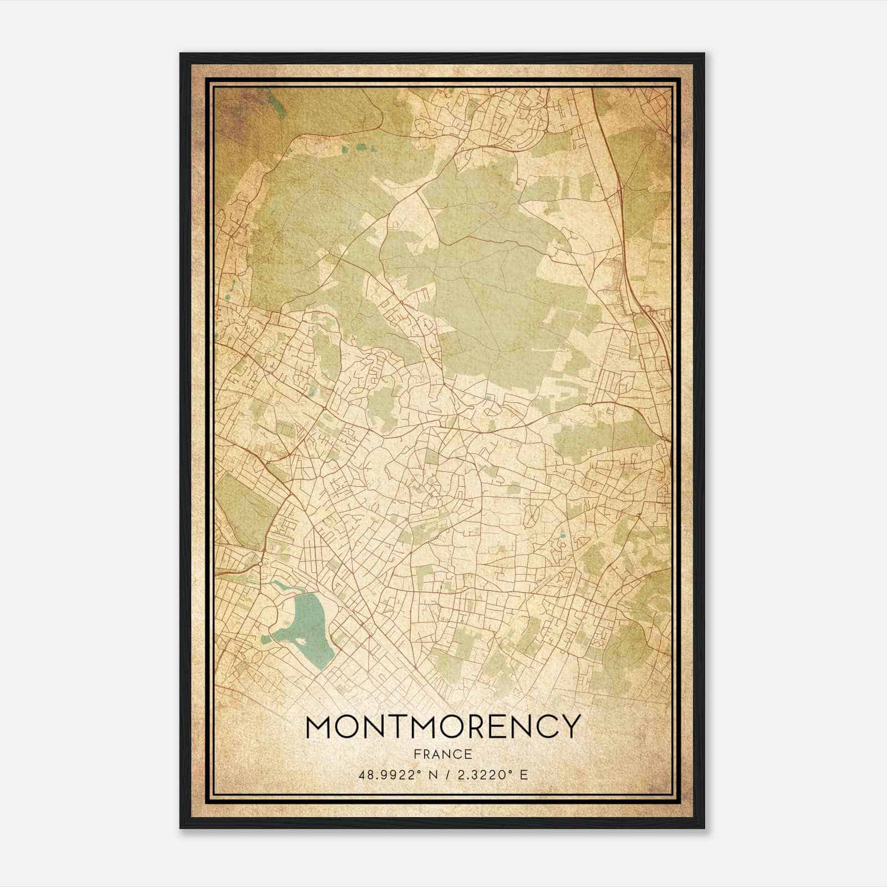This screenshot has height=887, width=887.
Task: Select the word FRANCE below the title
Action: (x=442, y=754)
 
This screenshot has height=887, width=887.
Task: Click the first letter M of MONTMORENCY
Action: (x=319, y=727)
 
